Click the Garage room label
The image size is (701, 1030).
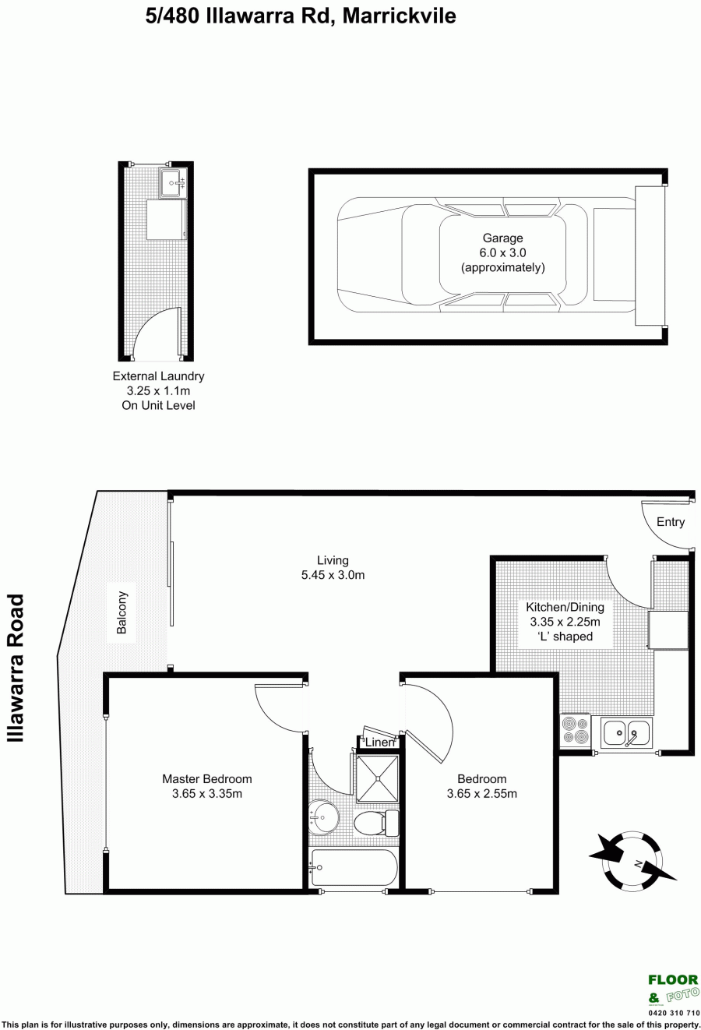pos(502,238)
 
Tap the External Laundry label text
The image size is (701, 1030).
pos(158,376)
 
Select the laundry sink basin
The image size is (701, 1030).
pos(173,183)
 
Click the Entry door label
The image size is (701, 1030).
pos(670,522)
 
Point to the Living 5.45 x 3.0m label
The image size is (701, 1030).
pos(333,567)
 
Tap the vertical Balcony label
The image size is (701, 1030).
pos(122,612)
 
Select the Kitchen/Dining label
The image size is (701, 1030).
pos(565,607)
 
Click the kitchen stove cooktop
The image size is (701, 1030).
pos(576,731)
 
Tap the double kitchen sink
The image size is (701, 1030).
pos(626,732)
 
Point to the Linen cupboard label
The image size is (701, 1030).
pos(379,743)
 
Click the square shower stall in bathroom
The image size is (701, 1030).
pos(378,778)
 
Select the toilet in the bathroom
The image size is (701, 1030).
pos(377,822)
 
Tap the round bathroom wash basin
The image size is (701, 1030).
pos(323,817)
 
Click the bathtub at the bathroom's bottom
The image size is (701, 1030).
pos(354,867)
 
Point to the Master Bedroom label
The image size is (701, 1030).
pos(207,779)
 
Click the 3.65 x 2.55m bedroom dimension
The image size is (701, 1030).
pos(481,794)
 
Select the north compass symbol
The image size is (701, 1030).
pos(633,860)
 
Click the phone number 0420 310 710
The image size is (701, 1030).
pos(674,1013)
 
